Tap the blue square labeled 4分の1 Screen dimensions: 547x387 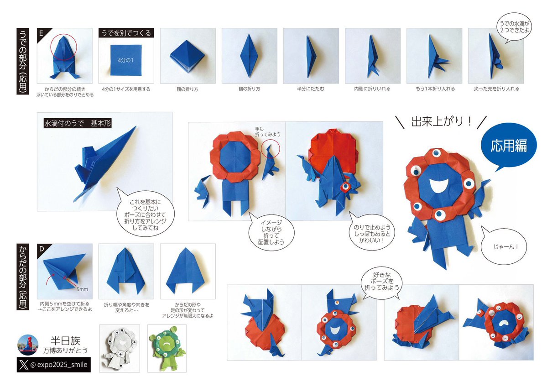click(x=126, y=60)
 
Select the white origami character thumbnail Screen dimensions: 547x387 click(x=120, y=348)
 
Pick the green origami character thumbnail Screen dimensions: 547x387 click(x=167, y=348)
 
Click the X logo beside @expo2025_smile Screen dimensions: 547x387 click(x=24, y=365)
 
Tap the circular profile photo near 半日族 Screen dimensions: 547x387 click(x=28, y=345)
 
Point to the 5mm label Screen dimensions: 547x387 click(x=82, y=289)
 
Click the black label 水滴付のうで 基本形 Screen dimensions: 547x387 click(x=78, y=123)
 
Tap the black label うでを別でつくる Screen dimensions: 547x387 click(x=126, y=33)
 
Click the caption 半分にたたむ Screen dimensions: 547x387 click(x=311, y=89)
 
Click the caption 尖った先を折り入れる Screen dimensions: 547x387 click(x=496, y=89)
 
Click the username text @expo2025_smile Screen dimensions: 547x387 click(x=58, y=365)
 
